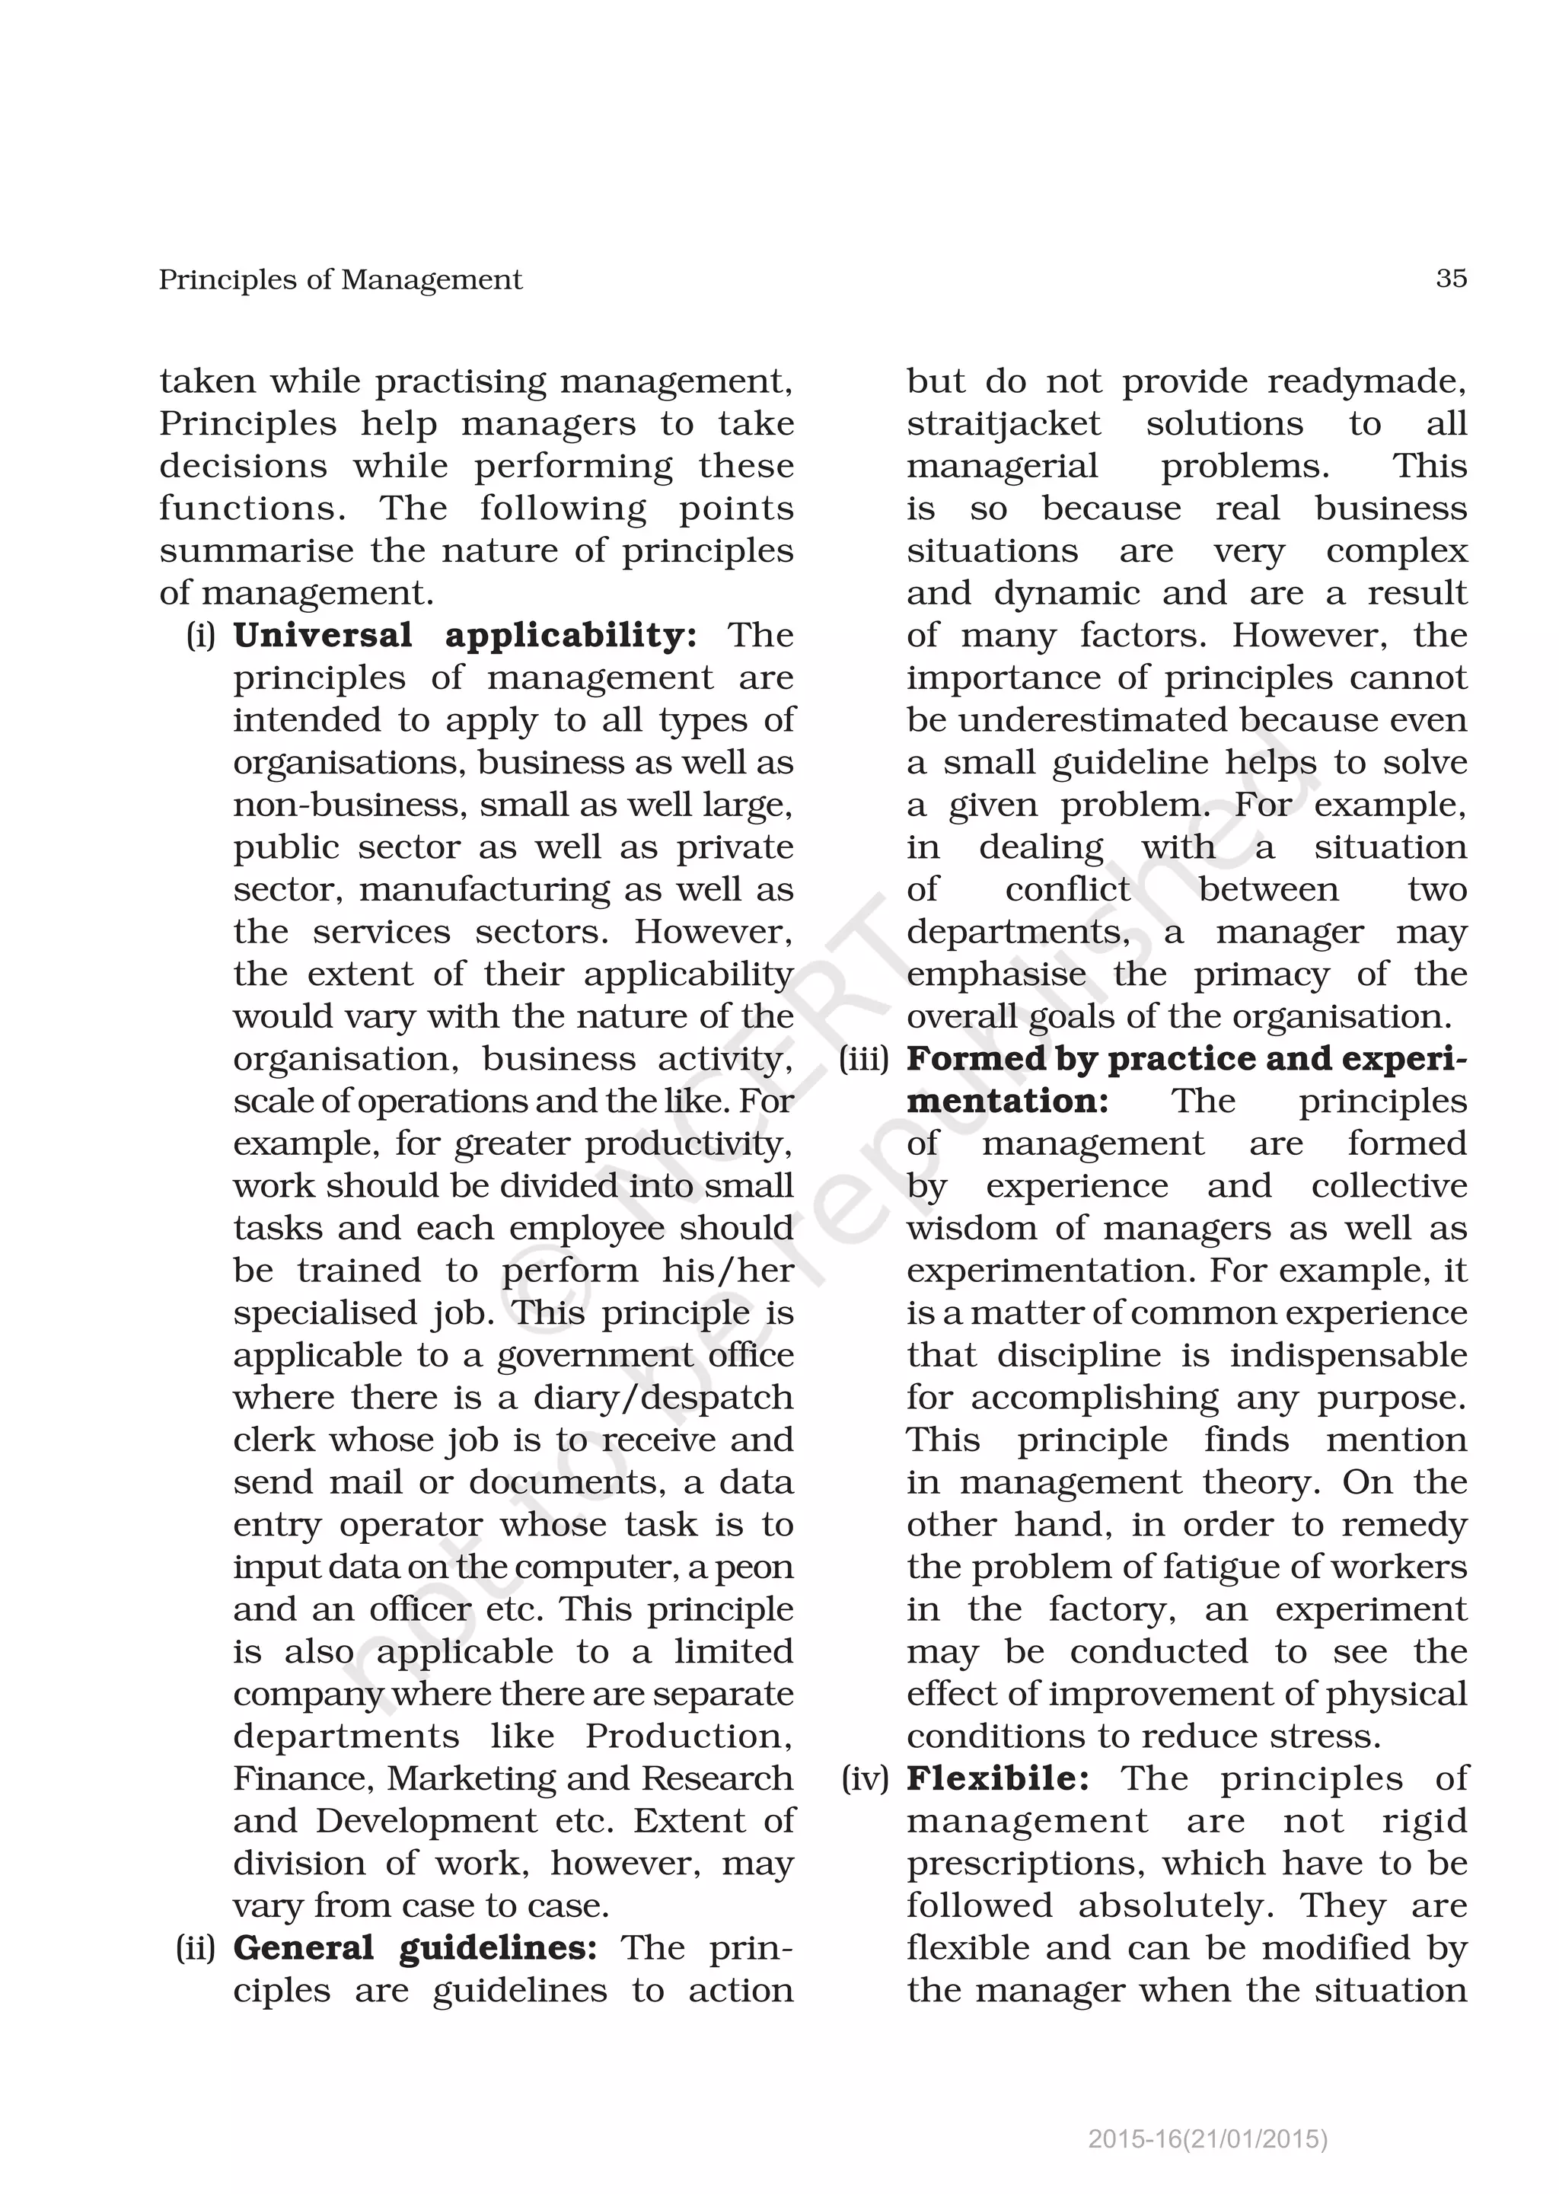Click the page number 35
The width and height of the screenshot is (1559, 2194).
1450,279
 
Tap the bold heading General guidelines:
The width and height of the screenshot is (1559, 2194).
415,1947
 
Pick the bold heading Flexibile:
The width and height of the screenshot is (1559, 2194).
997,1778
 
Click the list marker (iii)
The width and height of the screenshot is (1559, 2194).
863,1059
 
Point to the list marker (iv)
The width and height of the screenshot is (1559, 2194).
865,1778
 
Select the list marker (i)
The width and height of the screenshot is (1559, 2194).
201,636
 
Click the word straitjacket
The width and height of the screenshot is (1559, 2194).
1003,424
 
